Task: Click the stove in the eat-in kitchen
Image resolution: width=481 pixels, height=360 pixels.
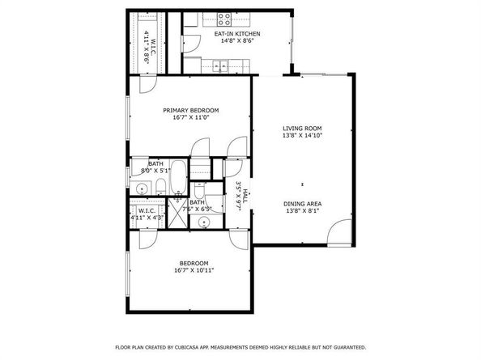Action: point(223,18)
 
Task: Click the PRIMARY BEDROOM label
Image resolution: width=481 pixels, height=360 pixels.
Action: point(190,110)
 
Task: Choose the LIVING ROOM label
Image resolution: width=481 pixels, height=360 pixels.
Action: point(302,129)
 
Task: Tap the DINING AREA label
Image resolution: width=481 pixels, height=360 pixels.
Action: point(302,204)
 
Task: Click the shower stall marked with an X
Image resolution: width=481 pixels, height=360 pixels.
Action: point(179,212)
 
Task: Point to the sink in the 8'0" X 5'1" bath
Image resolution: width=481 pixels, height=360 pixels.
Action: point(141,189)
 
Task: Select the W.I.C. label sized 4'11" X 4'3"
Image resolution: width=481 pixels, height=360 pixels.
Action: point(147,210)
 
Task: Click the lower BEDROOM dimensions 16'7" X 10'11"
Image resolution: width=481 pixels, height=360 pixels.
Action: point(194,272)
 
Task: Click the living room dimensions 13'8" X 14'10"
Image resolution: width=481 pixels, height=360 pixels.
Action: point(302,137)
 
